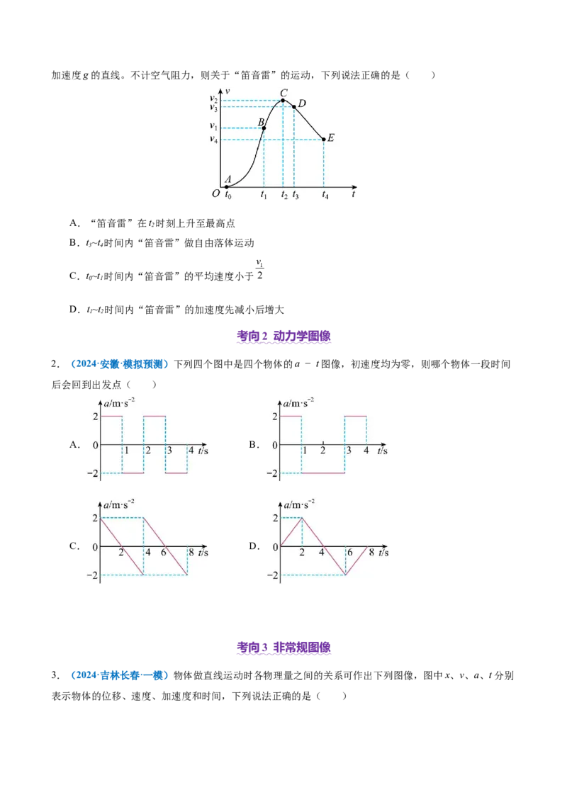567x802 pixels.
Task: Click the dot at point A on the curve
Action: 227,186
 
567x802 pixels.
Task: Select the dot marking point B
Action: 264,128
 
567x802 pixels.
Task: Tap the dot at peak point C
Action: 283,101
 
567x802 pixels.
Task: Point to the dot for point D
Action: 294,107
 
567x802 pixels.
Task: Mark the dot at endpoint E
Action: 325,139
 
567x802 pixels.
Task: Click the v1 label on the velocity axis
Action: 213,127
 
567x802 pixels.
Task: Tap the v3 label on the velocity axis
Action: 213,108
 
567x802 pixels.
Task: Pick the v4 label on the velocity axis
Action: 213,139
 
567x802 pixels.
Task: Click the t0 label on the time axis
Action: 228,194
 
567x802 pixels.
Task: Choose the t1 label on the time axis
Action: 264,194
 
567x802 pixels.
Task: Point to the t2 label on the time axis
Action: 284,194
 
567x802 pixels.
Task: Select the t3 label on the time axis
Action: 296,194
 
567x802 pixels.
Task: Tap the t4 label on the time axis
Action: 325,194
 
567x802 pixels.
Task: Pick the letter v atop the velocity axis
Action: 227,91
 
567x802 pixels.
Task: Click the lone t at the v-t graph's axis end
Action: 353,191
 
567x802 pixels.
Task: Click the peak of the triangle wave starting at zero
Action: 302,518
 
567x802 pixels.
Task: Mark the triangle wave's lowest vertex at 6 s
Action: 345,575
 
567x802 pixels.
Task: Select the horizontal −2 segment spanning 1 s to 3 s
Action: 323,473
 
